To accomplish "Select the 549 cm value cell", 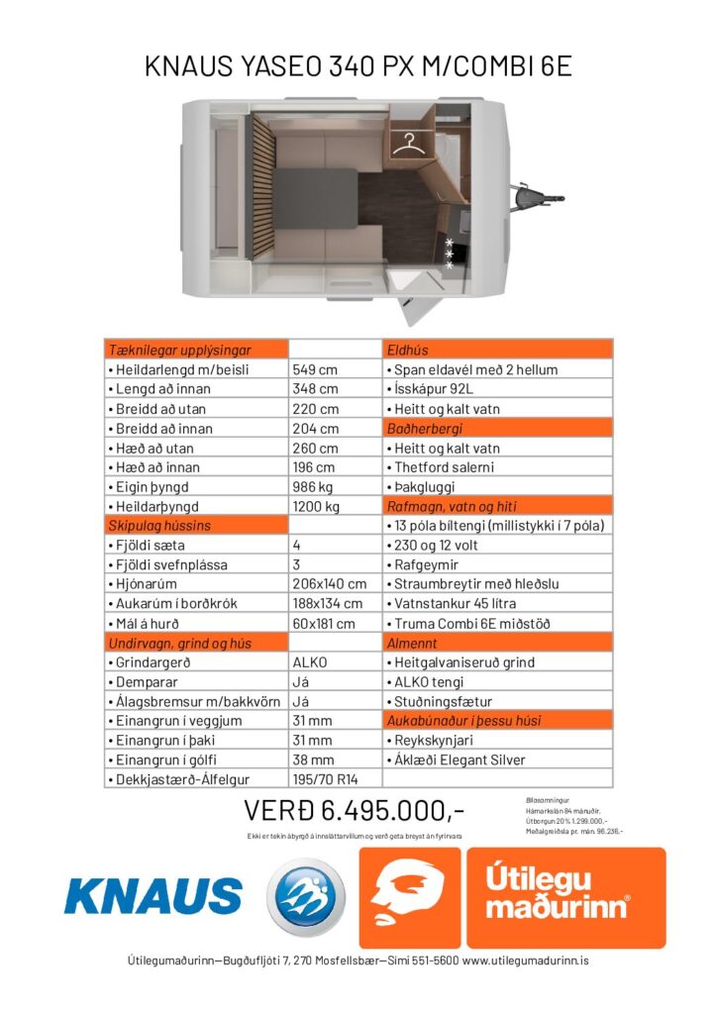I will (315, 369).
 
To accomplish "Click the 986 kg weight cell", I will (315, 486).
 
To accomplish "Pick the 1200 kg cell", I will (316, 506).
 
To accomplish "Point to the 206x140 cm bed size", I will (330, 583).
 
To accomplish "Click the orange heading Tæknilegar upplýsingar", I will (179, 350).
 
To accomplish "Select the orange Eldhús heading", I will (407, 350).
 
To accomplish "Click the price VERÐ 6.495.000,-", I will (354, 811).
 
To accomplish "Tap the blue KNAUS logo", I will (153, 895).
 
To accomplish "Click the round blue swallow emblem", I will (306, 896).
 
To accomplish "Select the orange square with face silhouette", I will (409, 897).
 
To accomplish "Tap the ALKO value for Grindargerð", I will (310, 661).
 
